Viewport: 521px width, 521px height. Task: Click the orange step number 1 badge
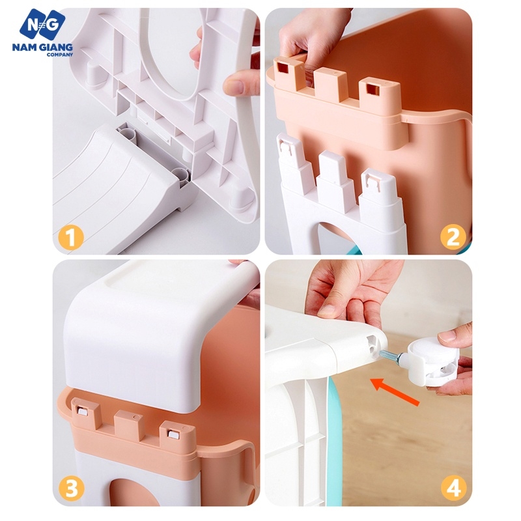click(x=70, y=237)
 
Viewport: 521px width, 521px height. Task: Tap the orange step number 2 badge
click(x=453, y=236)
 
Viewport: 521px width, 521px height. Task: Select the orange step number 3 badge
click(x=72, y=489)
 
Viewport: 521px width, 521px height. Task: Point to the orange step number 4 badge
click(x=453, y=489)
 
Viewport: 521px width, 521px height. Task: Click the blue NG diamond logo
click(x=42, y=24)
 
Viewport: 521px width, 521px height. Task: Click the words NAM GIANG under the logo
click(x=42, y=47)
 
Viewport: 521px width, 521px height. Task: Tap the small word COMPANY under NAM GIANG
click(x=60, y=55)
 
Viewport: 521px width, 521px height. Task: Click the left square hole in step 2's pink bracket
click(x=283, y=68)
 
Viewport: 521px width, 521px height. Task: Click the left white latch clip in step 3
click(x=82, y=412)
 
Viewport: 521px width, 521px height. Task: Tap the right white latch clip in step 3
click(x=173, y=434)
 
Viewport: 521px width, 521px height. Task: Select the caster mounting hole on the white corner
click(x=373, y=343)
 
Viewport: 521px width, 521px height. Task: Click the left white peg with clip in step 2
click(x=294, y=160)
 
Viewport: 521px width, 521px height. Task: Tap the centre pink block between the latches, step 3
click(x=128, y=425)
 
